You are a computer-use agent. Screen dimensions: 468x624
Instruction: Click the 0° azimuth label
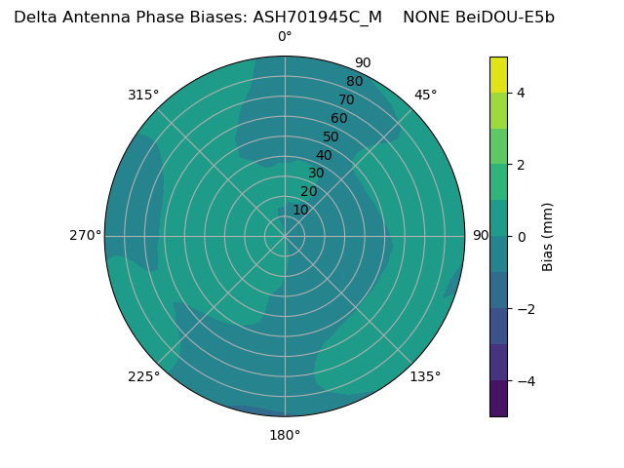[285, 37]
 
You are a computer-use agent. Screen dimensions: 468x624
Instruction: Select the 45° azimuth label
[425, 95]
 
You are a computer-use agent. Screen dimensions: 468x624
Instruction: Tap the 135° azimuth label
[425, 376]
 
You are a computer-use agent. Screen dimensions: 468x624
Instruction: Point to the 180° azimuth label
[285, 435]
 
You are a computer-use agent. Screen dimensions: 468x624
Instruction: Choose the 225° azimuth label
[143, 376]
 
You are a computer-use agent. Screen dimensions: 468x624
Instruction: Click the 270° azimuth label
[85, 235]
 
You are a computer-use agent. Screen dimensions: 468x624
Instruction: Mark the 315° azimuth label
[143, 95]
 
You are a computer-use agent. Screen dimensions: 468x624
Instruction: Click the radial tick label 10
[300, 210]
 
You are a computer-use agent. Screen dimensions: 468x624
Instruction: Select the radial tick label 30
[316, 174]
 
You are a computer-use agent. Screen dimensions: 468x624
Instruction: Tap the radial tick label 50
[331, 137]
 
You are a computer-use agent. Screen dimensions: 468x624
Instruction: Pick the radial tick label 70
[346, 100]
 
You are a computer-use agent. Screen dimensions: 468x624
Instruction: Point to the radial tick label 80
[354, 82]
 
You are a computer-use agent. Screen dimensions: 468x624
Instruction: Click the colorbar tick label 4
[521, 93]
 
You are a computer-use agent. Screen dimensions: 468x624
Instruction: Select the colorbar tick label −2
[524, 309]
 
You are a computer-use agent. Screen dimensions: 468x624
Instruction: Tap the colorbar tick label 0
[521, 237]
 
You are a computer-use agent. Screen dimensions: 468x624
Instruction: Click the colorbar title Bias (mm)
[548, 237]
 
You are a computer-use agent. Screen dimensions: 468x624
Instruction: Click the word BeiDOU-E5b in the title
[505, 17]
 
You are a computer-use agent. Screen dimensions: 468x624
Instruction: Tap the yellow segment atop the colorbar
[498, 74]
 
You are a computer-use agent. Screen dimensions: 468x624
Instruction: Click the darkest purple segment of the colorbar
[498, 399]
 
